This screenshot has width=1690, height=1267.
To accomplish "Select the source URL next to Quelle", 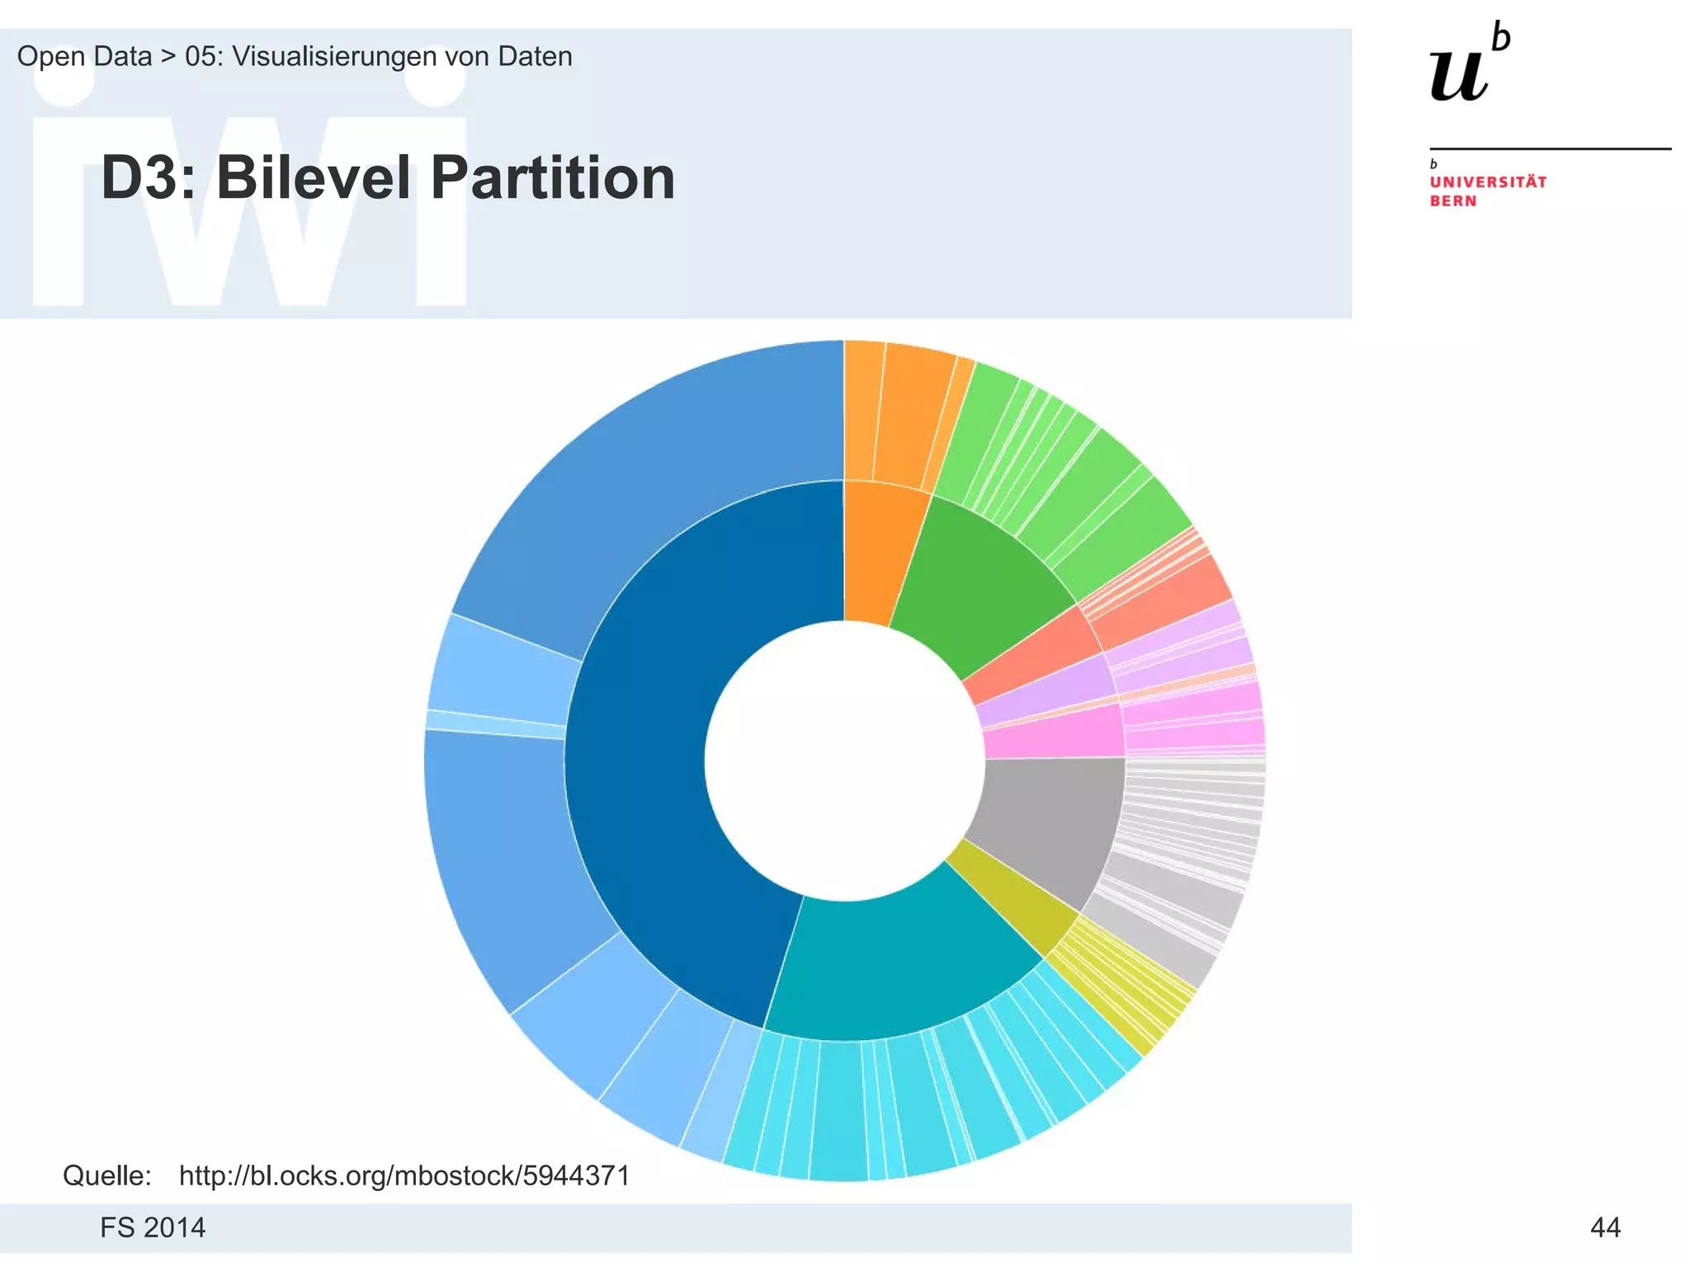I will [x=404, y=1175].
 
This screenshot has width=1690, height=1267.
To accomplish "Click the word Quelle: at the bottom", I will [x=107, y=1175].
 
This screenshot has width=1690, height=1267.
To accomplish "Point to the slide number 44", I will [x=1604, y=1227].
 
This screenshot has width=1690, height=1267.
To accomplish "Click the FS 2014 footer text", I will [x=153, y=1227].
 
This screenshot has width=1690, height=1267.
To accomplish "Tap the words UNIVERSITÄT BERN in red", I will [x=1487, y=191].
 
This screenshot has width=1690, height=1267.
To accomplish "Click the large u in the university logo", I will [x=1459, y=74].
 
